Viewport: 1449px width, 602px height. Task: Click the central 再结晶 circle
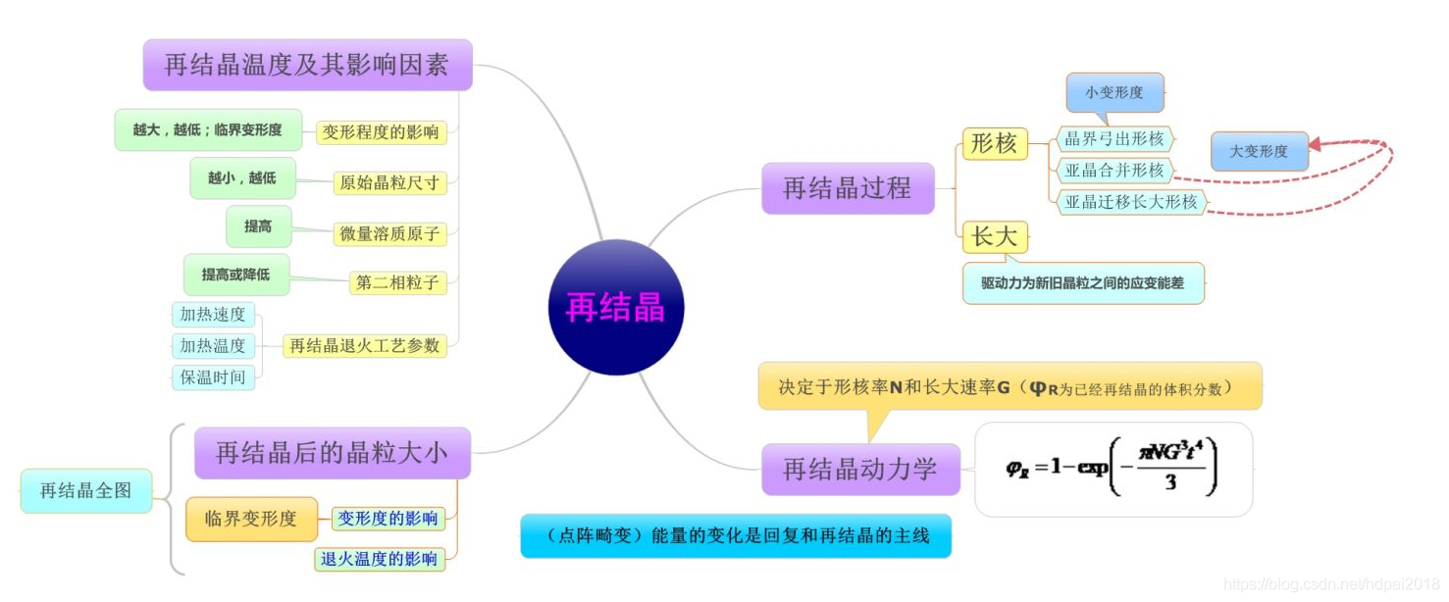[615, 307]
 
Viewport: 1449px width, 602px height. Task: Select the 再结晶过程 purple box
[848, 187]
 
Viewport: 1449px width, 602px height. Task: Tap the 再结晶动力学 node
[859, 469]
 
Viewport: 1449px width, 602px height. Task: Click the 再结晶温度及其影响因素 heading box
[307, 65]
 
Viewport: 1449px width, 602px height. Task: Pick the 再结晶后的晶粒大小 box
[332, 452]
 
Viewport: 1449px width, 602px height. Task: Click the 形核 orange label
[994, 143]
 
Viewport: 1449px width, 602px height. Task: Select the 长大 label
[994, 236]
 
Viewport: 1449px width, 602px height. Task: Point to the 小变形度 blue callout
[1114, 93]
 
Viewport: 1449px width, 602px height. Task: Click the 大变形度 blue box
[1259, 151]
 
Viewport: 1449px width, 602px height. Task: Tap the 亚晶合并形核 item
[1114, 171]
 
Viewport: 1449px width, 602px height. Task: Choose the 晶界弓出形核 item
[1114, 139]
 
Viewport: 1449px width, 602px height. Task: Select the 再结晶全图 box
[85, 490]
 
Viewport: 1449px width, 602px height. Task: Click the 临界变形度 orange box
[250, 519]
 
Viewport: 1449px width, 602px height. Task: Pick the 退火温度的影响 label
[379, 559]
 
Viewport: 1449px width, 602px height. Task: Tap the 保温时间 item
[213, 377]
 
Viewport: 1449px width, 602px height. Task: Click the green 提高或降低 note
[236, 275]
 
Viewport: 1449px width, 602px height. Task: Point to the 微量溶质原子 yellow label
[390, 233]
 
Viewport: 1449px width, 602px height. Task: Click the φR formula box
[1113, 469]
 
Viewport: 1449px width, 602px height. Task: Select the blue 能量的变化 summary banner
[735, 535]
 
